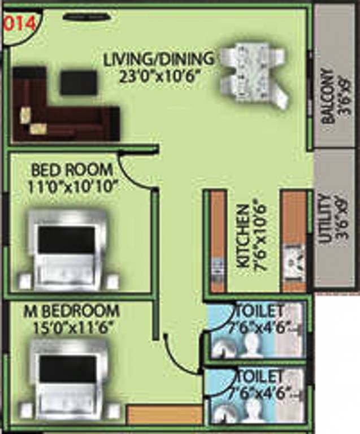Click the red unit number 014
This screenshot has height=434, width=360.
click(19, 24)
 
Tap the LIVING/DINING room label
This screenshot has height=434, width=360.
click(158, 58)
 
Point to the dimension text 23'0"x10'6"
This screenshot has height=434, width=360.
click(160, 75)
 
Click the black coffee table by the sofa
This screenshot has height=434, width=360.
click(79, 83)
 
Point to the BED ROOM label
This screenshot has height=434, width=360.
click(72, 170)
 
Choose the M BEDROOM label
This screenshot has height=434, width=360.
click(72, 311)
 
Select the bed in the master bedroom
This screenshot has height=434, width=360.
click(68, 379)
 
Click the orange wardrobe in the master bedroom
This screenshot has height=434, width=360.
click(164, 414)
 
